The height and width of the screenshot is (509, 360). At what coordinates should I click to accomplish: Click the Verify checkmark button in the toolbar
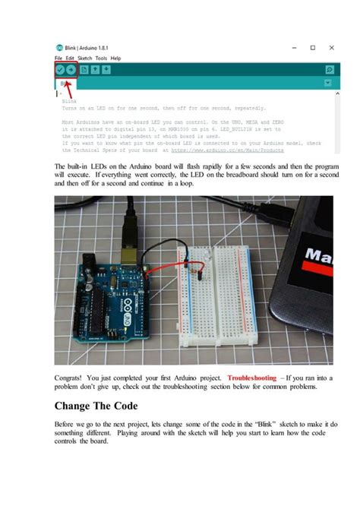pyautogui.click(x=60, y=69)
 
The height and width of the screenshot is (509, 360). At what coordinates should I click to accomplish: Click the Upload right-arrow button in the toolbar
pyautogui.click(x=71, y=69)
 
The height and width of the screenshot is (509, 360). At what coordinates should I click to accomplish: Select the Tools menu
pyautogui.click(x=101, y=58)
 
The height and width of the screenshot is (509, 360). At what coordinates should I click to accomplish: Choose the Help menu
pyautogui.click(x=115, y=58)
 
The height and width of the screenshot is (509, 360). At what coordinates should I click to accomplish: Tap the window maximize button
pyautogui.click(x=312, y=47)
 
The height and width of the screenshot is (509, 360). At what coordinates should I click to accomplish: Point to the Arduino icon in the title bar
pyautogui.click(x=58, y=47)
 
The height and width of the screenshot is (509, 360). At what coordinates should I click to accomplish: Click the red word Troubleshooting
pyautogui.click(x=253, y=377)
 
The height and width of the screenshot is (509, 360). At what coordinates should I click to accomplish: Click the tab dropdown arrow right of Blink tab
pyautogui.click(x=327, y=82)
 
